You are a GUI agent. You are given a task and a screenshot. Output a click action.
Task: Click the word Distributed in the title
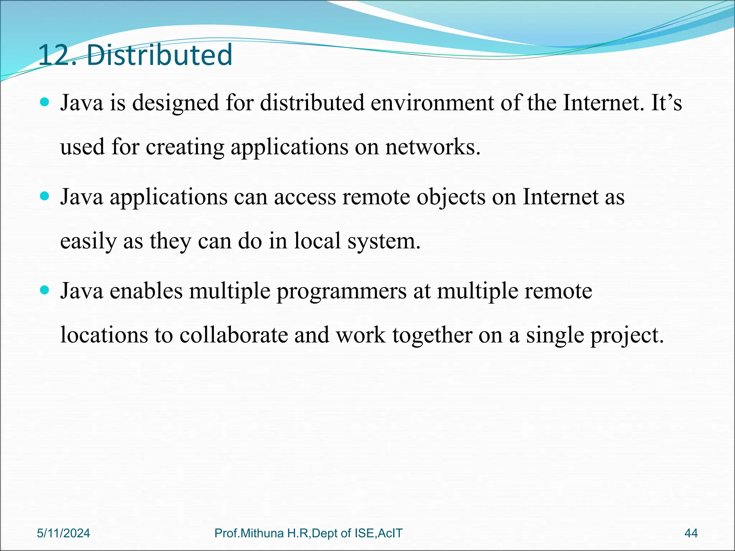click(x=159, y=55)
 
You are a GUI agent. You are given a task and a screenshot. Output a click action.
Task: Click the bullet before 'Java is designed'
click(x=45, y=103)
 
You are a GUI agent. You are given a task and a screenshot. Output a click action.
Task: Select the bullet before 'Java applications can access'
click(x=45, y=197)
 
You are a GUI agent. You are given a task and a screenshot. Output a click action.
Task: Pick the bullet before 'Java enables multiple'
click(x=45, y=290)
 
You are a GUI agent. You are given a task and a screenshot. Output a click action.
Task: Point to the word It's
click(x=666, y=103)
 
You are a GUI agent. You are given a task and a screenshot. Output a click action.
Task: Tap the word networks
click(x=432, y=147)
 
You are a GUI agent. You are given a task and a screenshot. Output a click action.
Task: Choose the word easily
click(x=88, y=241)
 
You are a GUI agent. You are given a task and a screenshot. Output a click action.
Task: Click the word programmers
click(x=341, y=291)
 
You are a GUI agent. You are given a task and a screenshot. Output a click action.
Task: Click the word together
click(x=432, y=336)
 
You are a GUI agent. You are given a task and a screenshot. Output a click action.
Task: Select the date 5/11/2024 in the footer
click(x=64, y=533)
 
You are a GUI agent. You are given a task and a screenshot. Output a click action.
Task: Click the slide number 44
click(x=691, y=533)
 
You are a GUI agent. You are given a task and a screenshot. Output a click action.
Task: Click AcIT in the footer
click(x=390, y=533)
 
